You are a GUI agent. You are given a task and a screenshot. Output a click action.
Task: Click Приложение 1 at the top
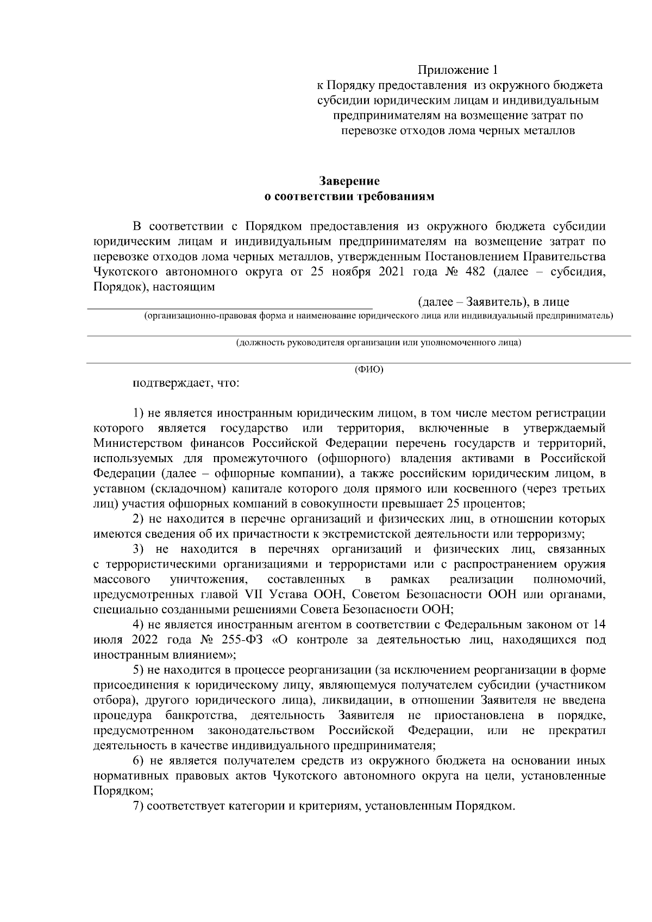tap(457, 70)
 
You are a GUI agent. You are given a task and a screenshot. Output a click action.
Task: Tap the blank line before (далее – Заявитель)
tap(231, 307)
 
